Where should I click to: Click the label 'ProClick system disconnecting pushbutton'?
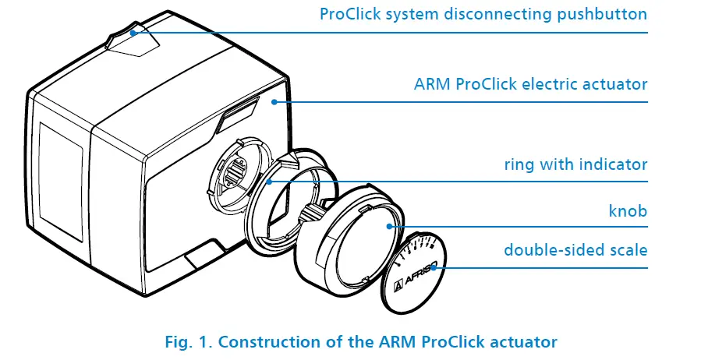[483, 14]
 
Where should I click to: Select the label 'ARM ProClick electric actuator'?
[530, 83]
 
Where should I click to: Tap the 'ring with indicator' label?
[575, 164]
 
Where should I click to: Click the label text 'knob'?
[628, 211]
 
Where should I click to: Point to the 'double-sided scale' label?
[575, 250]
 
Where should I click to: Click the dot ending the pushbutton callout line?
[133, 33]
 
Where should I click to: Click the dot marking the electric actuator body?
[274, 101]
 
